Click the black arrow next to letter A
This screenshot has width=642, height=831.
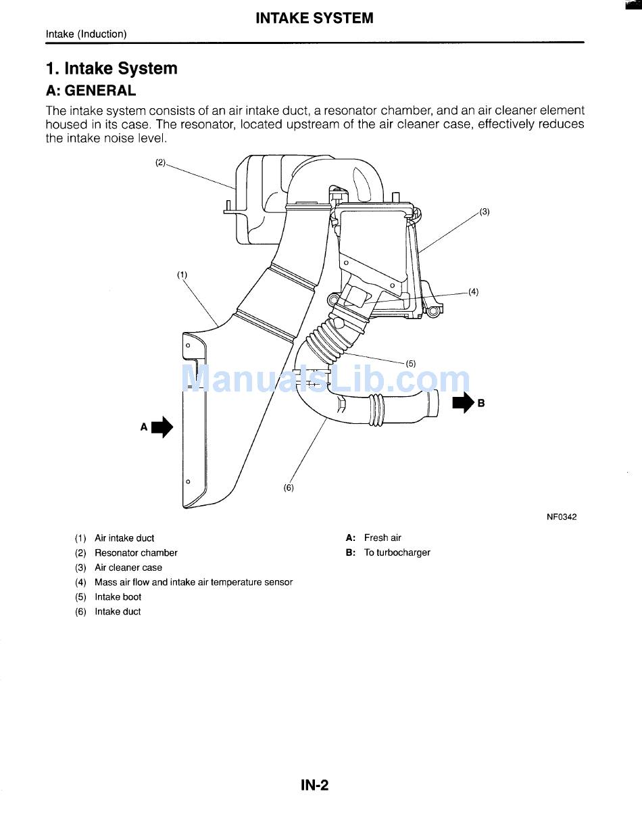tap(162, 427)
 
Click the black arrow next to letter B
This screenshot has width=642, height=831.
tap(464, 404)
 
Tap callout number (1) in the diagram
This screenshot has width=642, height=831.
tap(182, 275)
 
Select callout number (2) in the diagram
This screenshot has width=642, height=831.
tap(160, 162)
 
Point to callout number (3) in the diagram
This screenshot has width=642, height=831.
tap(485, 212)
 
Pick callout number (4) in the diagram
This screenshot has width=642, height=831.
tap(473, 292)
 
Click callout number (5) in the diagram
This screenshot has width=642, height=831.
tap(411, 364)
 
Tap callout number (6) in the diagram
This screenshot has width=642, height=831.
tap(289, 488)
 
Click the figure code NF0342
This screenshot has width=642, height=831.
tap(562, 517)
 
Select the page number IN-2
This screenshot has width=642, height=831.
tap(314, 785)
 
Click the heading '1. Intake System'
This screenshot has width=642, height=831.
tap(112, 68)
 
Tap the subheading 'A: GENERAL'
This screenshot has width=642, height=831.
tap(91, 91)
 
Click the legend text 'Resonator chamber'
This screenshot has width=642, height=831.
tap(136, 553)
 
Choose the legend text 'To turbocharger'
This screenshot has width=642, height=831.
tap(397, 552)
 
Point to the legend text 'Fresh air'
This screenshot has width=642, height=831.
tap(382, 538)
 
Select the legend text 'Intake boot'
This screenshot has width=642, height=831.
tap(118, 597)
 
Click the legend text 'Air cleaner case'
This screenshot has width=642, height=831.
tap(128, 568)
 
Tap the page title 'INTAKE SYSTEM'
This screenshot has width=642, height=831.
tap(314, 18)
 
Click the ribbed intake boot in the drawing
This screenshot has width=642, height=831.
tap(328, 337)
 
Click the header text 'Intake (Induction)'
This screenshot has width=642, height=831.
tap(86, 34)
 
